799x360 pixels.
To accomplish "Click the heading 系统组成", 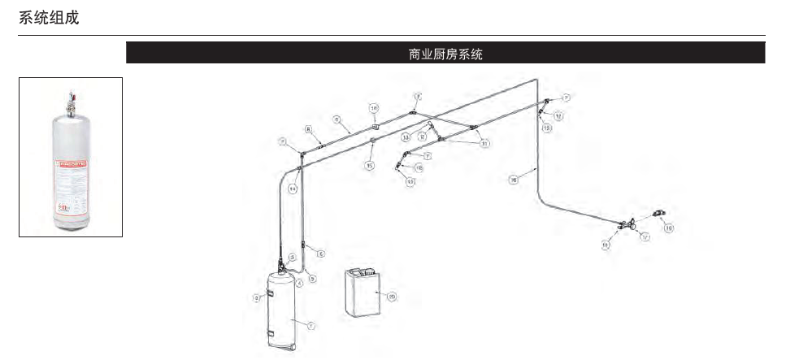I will point(49,17).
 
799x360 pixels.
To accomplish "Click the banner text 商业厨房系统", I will point(445,54).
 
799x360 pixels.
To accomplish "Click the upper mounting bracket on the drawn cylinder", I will point(269,292).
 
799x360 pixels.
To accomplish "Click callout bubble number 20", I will point(391,297).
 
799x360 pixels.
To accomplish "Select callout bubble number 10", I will point(374,108).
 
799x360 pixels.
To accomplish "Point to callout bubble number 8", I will point(309,129).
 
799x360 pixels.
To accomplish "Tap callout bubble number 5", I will point(312,278).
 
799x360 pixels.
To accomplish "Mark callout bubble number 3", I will point(292,257).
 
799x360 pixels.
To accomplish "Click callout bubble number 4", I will point(299,282).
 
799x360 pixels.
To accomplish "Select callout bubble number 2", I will point(257,298).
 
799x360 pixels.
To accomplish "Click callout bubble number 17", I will point(644,237).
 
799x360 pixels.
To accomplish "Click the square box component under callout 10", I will point(375,128).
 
